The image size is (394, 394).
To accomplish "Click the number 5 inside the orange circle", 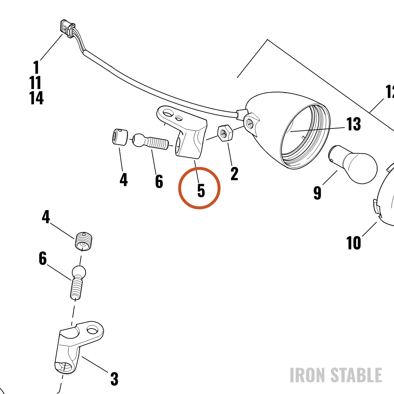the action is (x=201, y=190).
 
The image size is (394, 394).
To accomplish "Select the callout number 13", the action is (x=353, y=124).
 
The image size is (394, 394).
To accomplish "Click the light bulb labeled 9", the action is (x=353, y=164).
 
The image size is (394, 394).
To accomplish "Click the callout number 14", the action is (x=36, y=98).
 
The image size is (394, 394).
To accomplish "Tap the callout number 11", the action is (x=35, y=83).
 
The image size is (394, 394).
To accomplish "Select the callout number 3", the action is (x=114, y=379).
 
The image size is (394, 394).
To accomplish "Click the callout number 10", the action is (x=353, y=243).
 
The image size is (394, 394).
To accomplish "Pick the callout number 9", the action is (x=317, y=193).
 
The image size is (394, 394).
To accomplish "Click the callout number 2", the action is (x=234, y=174).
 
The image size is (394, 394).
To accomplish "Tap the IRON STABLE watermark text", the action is (x=336, y=375).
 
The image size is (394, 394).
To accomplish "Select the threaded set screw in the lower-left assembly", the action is (x=84, y=241).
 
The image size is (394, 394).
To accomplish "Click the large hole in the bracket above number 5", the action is (x=168, y=112).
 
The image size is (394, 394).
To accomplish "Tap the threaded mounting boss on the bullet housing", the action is (x=251, y=124).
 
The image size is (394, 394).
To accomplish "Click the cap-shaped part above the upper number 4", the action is (x=120, y=137).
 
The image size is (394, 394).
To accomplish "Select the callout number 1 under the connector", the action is (x=36, y=67).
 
